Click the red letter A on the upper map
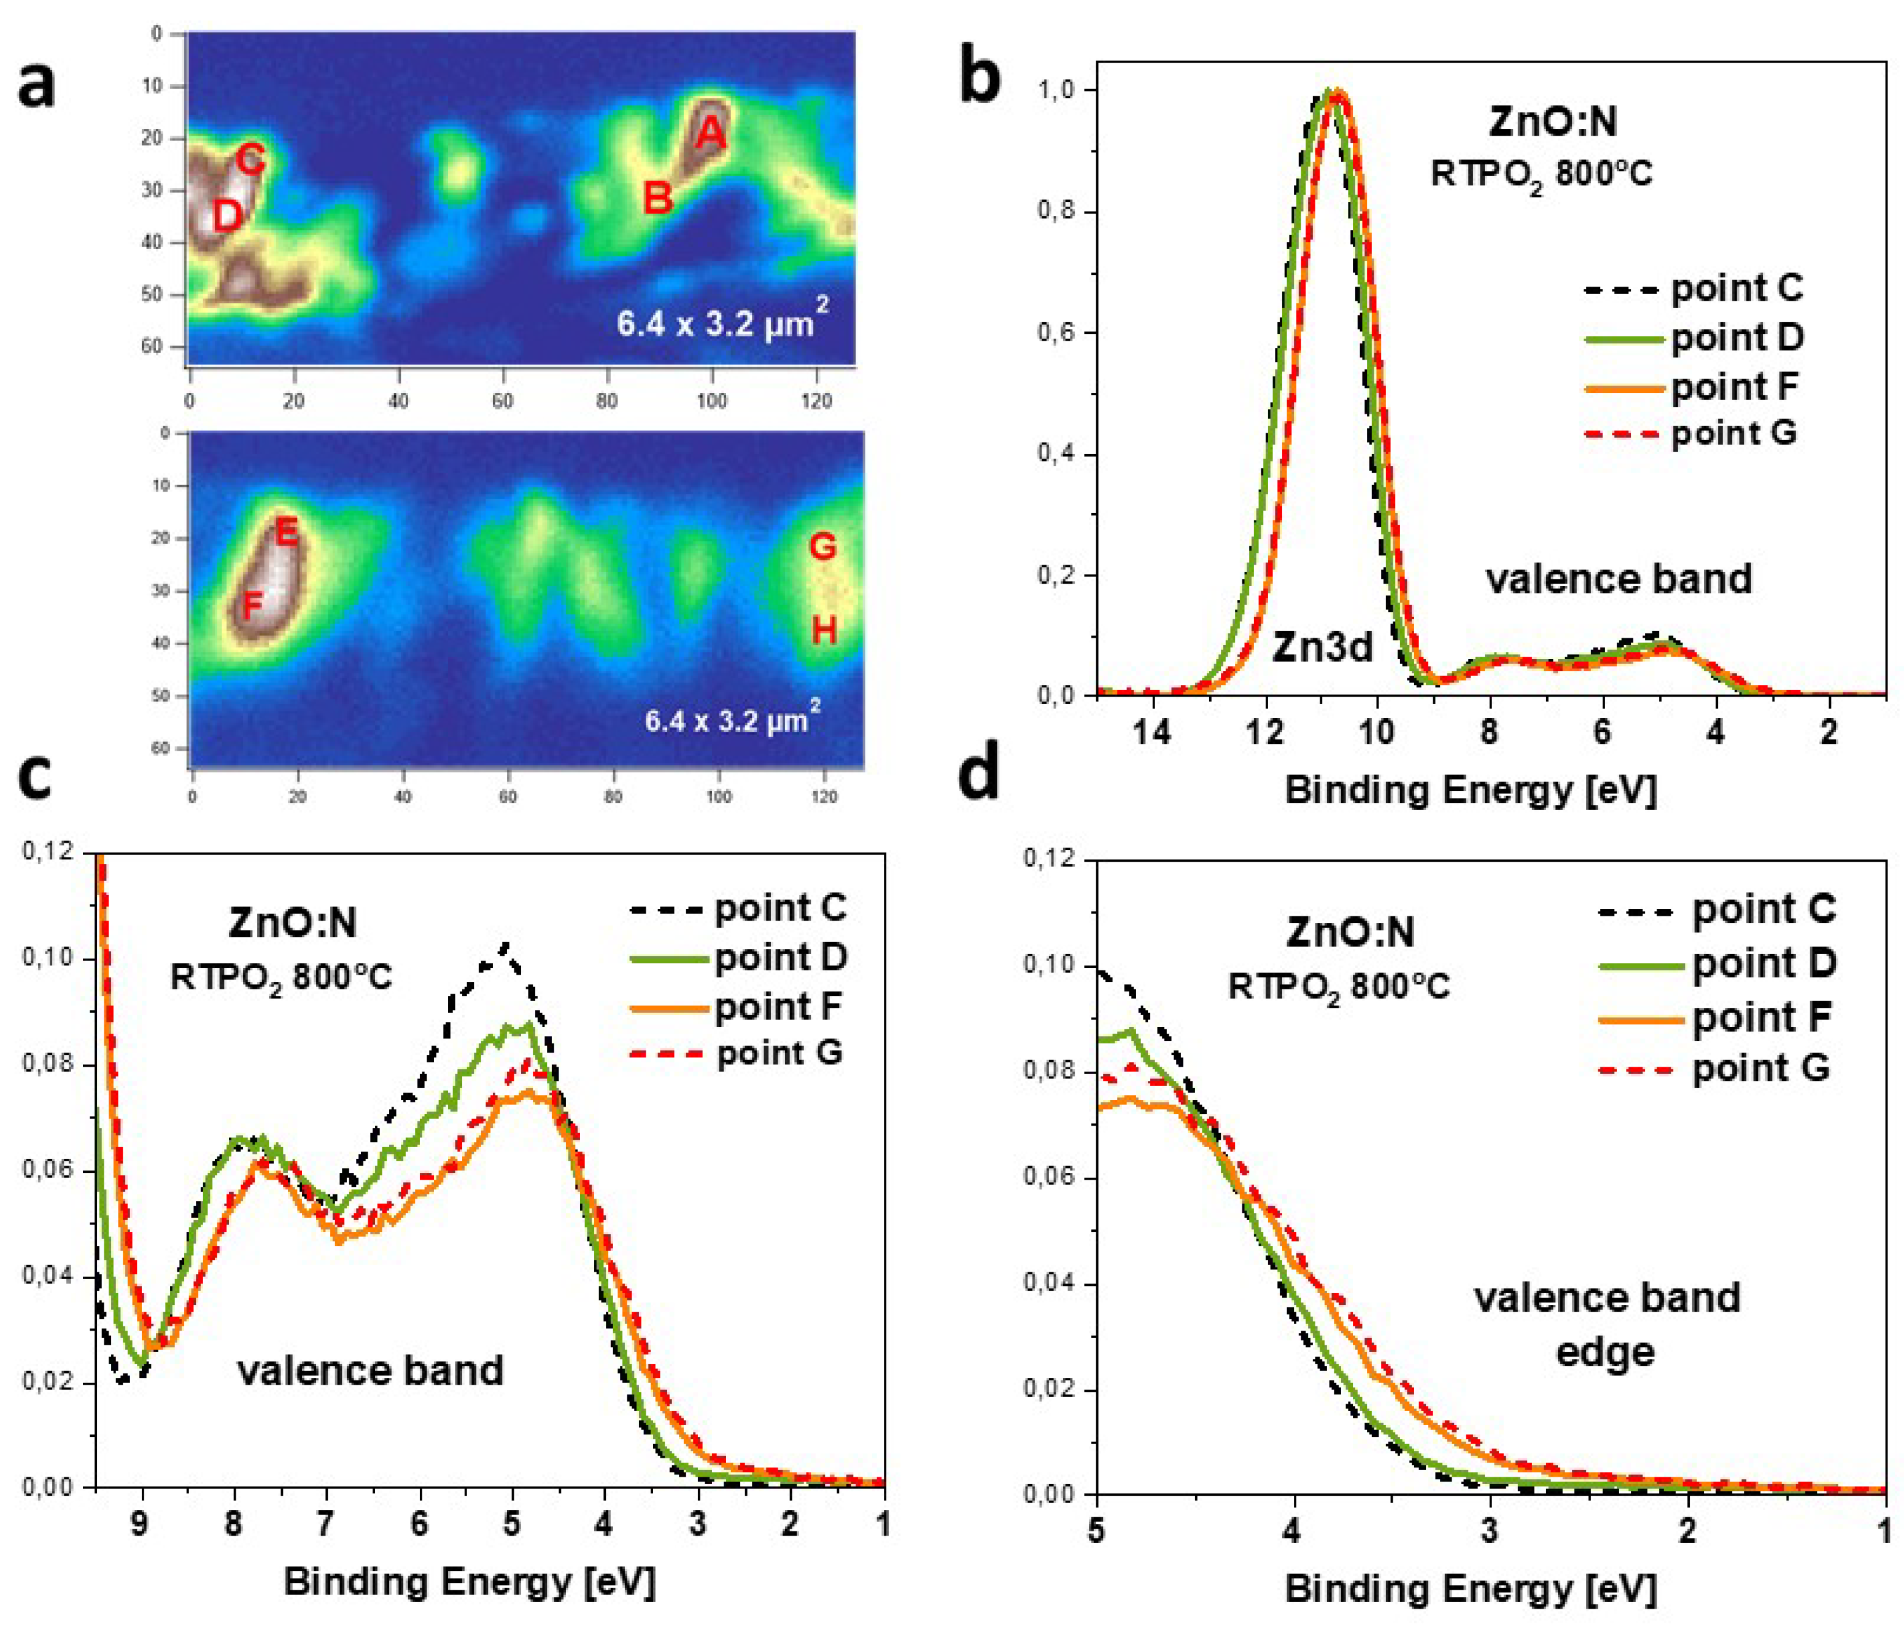[x=710, y=134]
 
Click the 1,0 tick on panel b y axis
[x=1058, y=90]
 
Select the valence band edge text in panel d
[x=1606, y=1324]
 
